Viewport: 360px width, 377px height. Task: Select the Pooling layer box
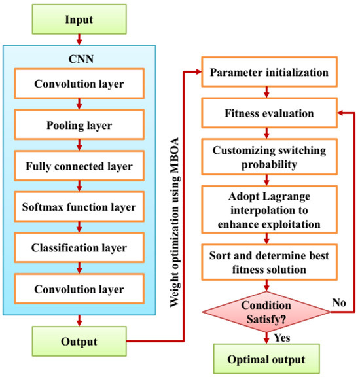pyautogui.click(x=79, y=125)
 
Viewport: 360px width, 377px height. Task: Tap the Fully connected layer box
pyautogui.click(x=79, y=166)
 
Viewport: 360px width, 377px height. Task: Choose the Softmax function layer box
pyautogui.click(x=79, y=207)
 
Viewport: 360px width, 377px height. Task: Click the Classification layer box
pyautogui.click(x=79, y=249)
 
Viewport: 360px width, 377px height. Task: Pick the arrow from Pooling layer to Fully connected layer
pyautogui.click(x=79, y=146)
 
